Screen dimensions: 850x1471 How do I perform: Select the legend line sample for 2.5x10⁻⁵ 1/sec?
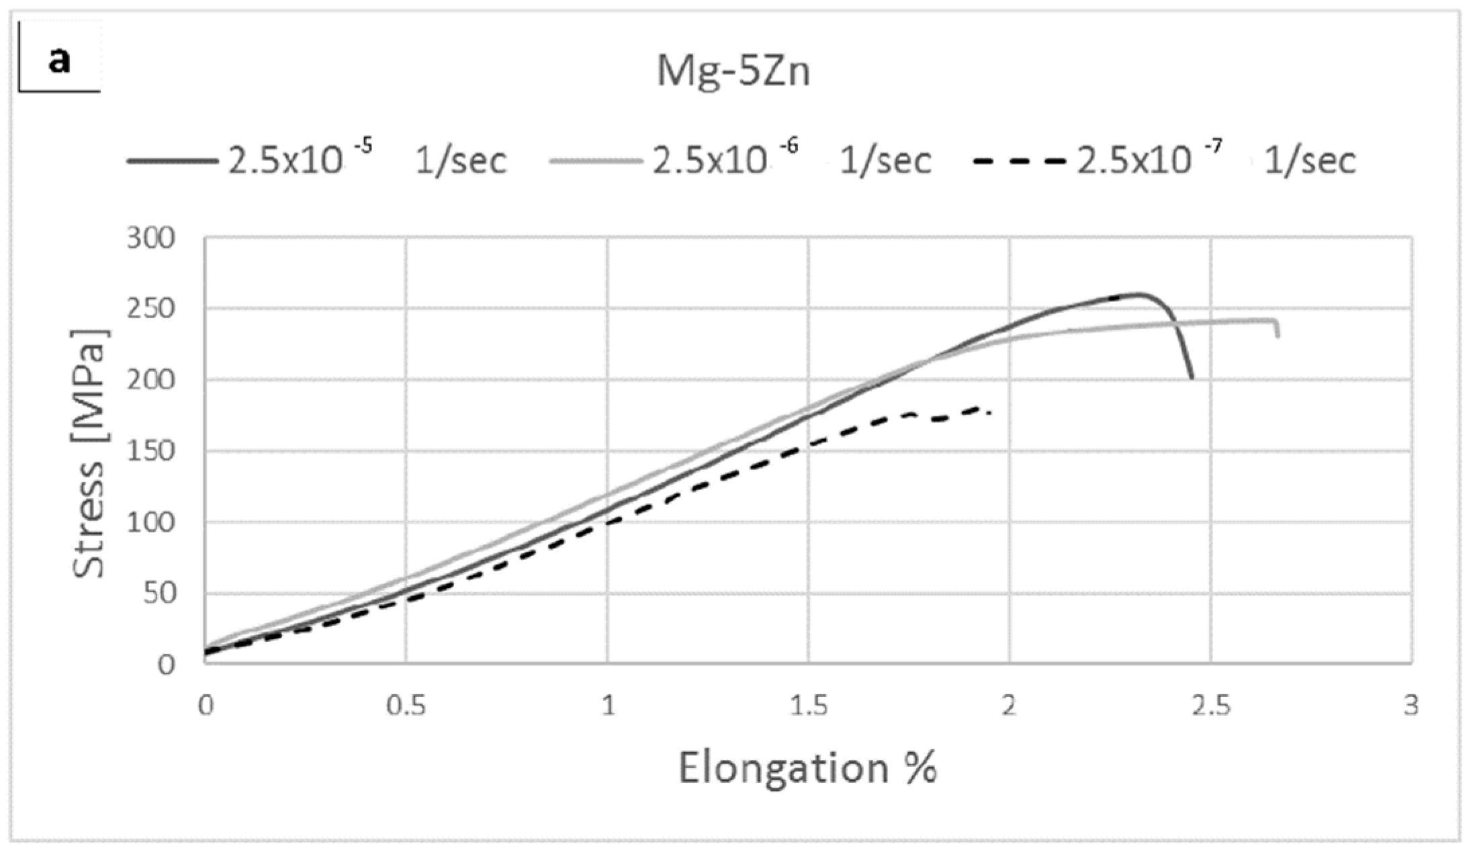pyautogui.click(x=172, y=161)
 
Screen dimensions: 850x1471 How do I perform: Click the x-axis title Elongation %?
pyautogui.click(x=808, y=767)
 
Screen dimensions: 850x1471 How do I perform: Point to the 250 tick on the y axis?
pyautogui.click(x=150, y=309)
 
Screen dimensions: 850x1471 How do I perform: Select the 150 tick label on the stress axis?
pyautogui.click(x=150, y=451)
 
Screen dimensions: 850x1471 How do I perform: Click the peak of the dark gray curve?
pyautogui.click(x=1138, y=294)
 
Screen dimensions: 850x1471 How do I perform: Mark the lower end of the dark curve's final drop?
pyautogui.click(x=1192, y=378)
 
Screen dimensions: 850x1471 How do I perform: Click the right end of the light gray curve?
pyautogui.click(x=1277, y=336)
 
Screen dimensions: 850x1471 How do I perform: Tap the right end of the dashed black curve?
pyautogui.click(x=990, y=412)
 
